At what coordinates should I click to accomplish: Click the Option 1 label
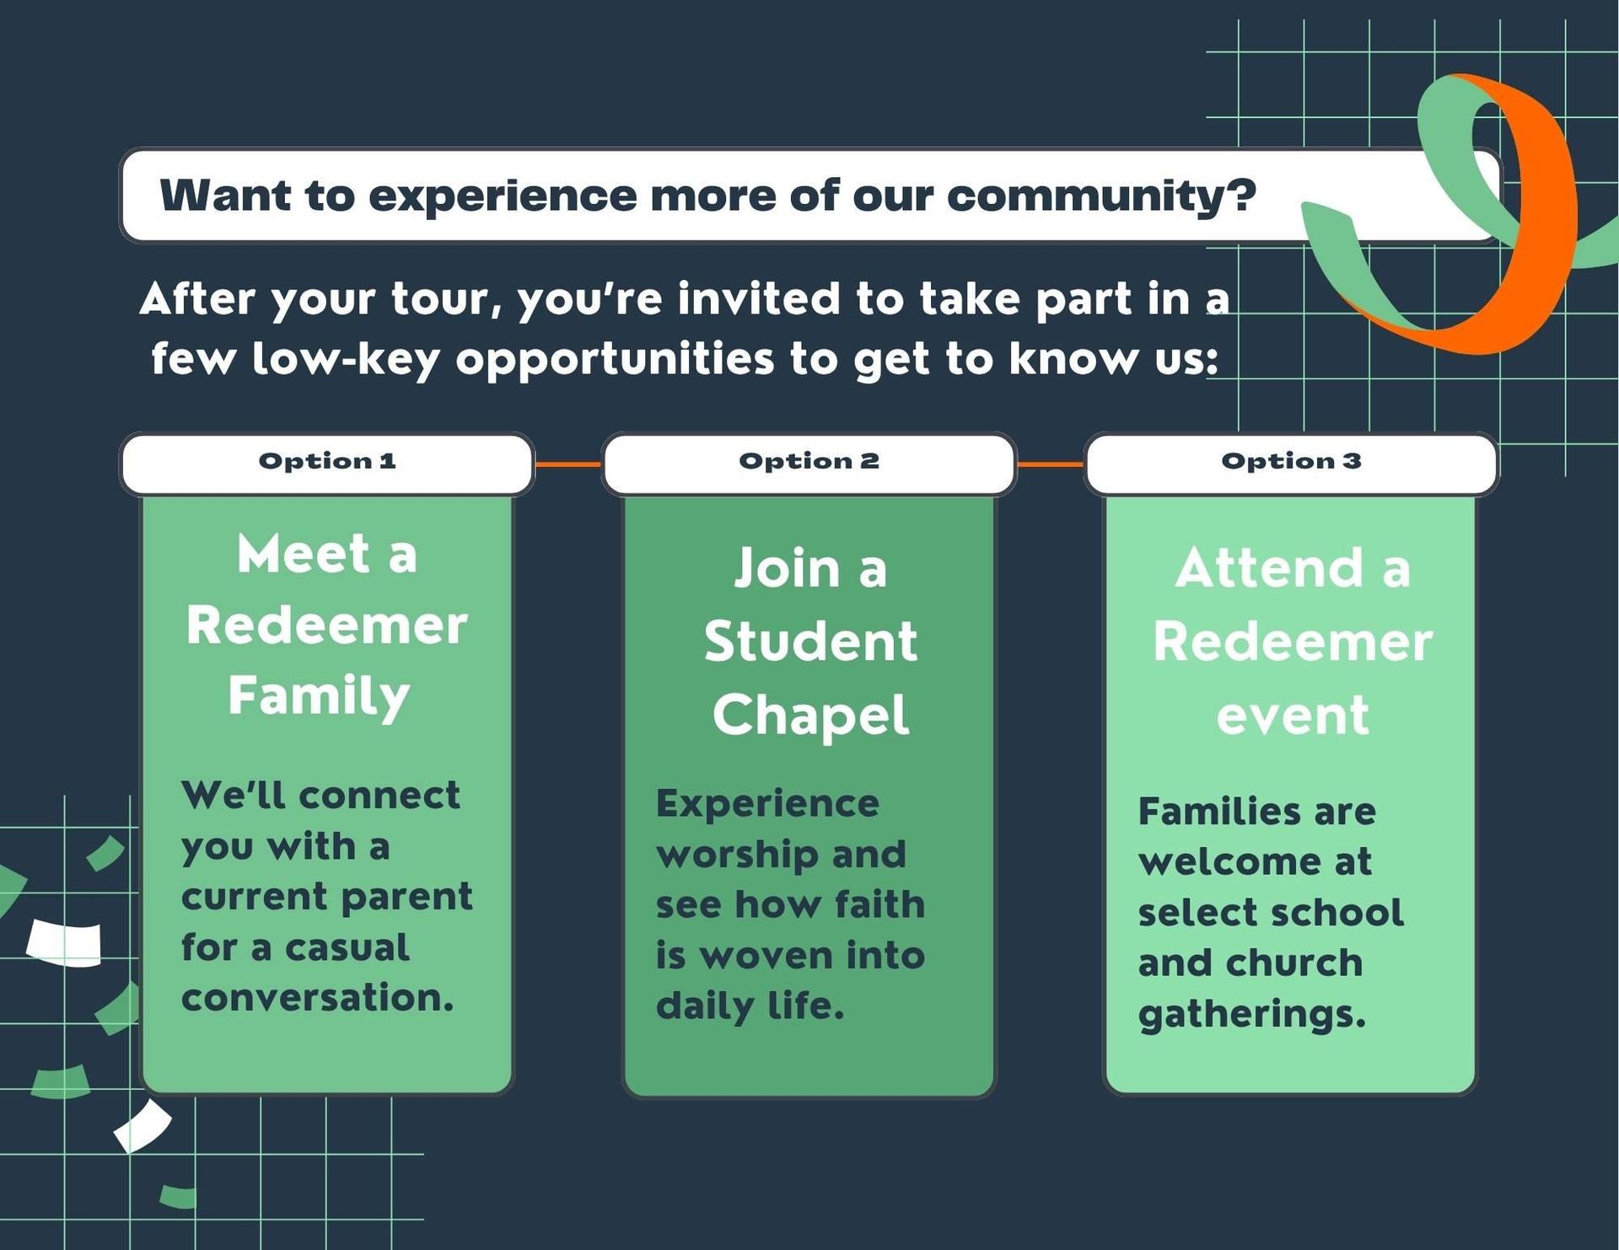point(327,461)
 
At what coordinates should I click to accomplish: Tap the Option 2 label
point(809,461)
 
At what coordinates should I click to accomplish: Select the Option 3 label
point(1291,461)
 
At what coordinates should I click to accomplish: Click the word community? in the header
point(1101,196)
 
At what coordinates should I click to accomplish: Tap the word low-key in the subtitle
point(346,360)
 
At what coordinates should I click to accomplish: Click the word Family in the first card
point(319,697)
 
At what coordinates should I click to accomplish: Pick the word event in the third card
point(1292,716)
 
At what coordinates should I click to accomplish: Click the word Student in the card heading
point(810,642)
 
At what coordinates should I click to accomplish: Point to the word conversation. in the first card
point(317,998)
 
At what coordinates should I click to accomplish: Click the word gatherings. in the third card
point(1251,1015)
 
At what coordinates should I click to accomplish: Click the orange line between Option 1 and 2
point(567,464)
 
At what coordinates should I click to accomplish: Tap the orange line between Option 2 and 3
point(1050,464)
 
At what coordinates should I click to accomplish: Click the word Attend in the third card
point(1269,568)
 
